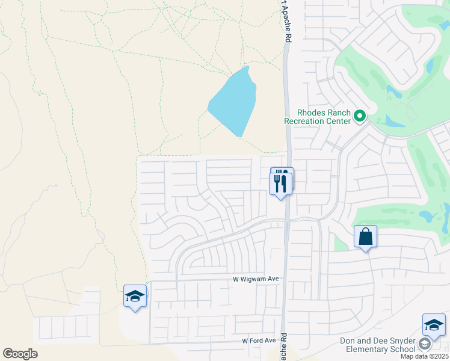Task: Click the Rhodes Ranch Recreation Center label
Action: point(317,117)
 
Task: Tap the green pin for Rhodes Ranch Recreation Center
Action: point(360,115)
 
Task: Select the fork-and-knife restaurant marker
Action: point(281,183)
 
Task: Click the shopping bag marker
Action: point(365,237)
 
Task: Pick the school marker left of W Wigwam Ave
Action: point(135,296)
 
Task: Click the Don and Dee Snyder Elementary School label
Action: point(377,345)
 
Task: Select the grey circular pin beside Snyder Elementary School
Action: point(425,344)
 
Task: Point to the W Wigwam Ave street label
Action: point(256,279)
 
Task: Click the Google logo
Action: point(20,354)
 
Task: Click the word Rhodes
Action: point(310,113)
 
